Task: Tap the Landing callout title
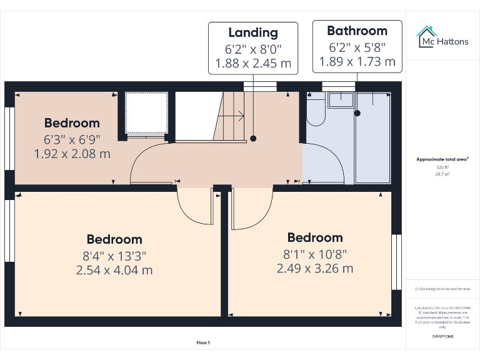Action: pyautogui.click(x=253, y=32)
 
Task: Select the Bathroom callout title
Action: pyautogui.click(x=357, y=31)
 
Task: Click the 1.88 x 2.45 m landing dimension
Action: pyautogui.click(x=253, y=63)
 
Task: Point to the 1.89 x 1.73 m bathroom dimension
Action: pyautogui.click(x=357, y=61)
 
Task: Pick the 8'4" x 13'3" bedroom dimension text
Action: pyautogui.click(x=114, y=255)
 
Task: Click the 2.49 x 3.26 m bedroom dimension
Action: pyautogui.click(x=315, y=269)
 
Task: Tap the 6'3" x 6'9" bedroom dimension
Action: pyautogui.click(x=72, y=139)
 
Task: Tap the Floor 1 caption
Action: pyautogui.click(x=203, y=342)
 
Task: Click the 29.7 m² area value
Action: pyautogui.click(x=442, y=175)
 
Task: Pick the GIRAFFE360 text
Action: pyautogui.click(x=442, y=337)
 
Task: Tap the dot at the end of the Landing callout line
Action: pyautogui.click(x=253, y=139)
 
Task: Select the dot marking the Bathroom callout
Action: pyautogui.click(x=357, y=113)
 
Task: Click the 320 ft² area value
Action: pyautogui.click(x=442, y=167)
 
